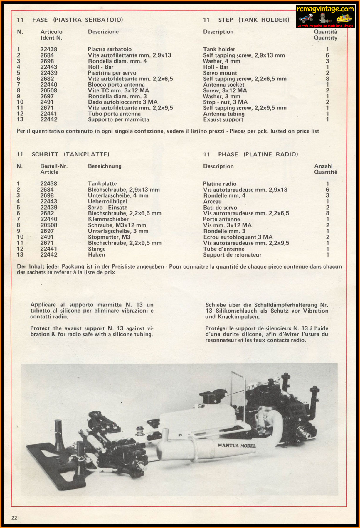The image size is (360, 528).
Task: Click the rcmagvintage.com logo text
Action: tap(325, 9)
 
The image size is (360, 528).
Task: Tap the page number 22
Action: tap(14, 518)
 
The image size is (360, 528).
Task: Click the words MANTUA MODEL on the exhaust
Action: tap(237, 445)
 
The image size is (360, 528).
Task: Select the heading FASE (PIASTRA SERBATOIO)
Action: tap(78, 20)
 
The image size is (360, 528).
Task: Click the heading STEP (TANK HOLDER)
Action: tap(253, 20)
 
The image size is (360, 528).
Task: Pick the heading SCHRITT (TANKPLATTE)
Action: tap(70, 154)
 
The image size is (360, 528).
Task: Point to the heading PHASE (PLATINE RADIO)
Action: tap(258, 154)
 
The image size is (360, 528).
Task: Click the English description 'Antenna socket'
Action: tap(223, 85)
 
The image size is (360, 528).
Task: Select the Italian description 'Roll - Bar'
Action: tap(100, 67)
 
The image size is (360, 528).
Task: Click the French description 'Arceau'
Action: tap(212, 202)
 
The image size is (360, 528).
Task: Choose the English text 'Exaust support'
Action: tap(223, 119)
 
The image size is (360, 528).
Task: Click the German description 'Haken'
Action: tap(96, 255)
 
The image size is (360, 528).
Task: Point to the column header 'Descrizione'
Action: tap(103, 32)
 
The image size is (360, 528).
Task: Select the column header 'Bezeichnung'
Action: tap(105, 166)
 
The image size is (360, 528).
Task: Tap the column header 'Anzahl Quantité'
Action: tap(325, 169)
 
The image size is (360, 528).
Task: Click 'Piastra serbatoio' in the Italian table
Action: tap(110, 49)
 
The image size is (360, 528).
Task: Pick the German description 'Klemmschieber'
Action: tap(108, 219)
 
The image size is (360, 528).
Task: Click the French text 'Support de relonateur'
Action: tap(232, 255)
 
